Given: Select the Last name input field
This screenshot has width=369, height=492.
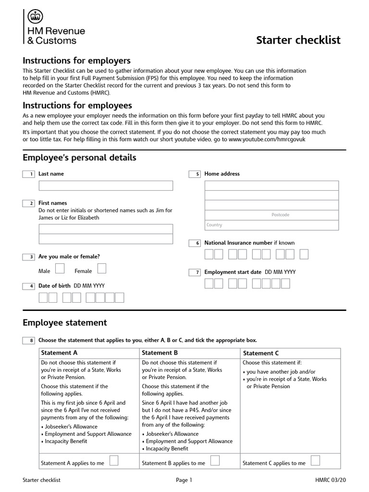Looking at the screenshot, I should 105,185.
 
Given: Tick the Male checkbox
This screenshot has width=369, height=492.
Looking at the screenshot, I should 61,268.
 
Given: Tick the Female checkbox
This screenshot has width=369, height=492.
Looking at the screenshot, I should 101,268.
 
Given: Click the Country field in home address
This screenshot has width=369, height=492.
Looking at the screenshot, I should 271,225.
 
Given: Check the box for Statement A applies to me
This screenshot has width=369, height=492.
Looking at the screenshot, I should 114,461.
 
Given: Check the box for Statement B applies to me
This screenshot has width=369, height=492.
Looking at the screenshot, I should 215,461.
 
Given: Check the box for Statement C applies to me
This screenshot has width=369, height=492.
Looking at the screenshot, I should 316,461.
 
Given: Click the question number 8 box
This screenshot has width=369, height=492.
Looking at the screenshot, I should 28,341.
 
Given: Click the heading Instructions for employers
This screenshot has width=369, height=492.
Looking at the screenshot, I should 77,61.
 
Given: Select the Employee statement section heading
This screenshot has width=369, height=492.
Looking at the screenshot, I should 65,323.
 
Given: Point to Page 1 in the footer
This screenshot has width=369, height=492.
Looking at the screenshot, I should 184,480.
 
